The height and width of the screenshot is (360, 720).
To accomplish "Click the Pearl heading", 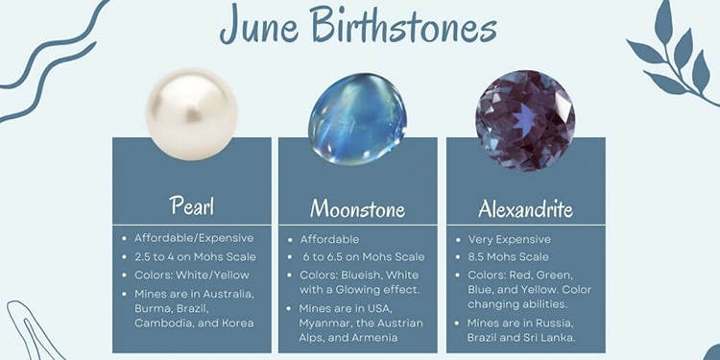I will tap(191, 205).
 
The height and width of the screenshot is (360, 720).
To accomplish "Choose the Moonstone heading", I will tap(357, 209).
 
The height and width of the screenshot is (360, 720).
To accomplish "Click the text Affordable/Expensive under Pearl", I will tap(195, 238).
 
